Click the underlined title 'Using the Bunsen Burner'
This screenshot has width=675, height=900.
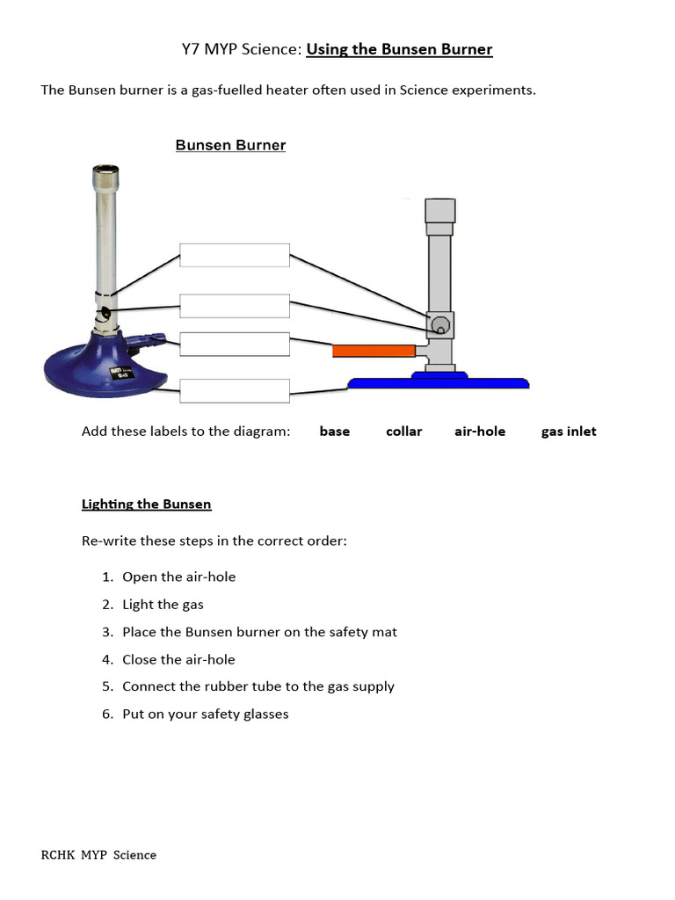click(x=399, y=49)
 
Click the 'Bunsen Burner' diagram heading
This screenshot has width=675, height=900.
click(x=230, y=145)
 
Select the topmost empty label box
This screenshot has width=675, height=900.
click(x=235, y=255)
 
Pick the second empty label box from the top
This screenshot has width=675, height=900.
click(x=235, y=306)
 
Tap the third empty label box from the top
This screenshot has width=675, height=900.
click(x=235, y=345)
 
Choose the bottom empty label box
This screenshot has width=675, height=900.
click(x=235, y=391)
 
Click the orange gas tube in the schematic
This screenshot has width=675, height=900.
click(x=374, y=351)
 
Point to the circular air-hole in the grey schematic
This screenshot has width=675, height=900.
click(x=439, y=326)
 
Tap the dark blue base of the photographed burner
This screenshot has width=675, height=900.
click(x=97, y=369)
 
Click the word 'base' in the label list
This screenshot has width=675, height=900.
click(x=334, y=432)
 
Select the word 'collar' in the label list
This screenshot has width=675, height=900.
click(x=403, y=432)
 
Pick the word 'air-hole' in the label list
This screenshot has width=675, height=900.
click(x=480, y=432)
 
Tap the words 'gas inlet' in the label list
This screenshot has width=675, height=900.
click(x=569, y=432)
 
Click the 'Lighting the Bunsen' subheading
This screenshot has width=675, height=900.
click(x=146, y=504)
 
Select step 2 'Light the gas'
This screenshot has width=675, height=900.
click(x=163, y=605)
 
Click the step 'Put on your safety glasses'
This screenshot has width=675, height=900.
click(x=205, y=714)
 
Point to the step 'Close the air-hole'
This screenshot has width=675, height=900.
click(x=178, y=659)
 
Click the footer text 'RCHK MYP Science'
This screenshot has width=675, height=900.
click(x=98, y=854)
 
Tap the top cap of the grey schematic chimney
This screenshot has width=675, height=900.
click(x=439, y=210)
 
